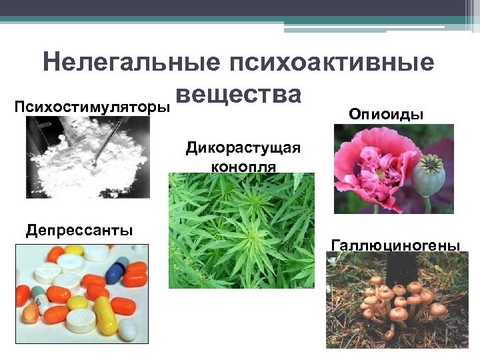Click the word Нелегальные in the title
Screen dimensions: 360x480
131,63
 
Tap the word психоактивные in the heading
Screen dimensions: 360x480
331,63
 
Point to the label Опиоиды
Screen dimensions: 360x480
386,114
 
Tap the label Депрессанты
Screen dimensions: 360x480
79,231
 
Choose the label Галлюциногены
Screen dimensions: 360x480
395,245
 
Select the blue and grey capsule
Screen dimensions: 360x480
117,269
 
